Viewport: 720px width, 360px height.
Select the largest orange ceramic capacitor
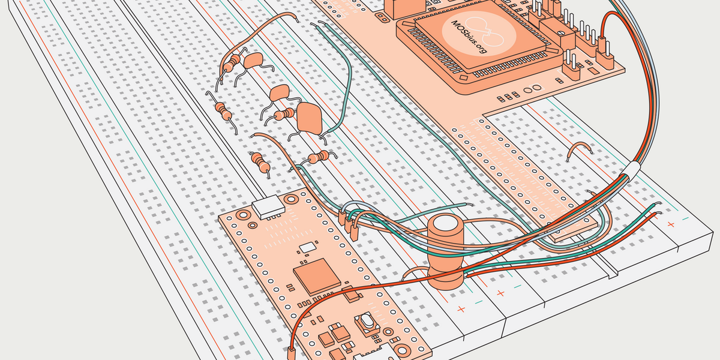tap(310, 118)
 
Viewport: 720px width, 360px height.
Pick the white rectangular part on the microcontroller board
tap(268, 206)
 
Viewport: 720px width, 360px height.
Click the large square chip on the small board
tap(316, 275)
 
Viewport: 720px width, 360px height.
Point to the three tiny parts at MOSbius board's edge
tap(508, 96)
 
